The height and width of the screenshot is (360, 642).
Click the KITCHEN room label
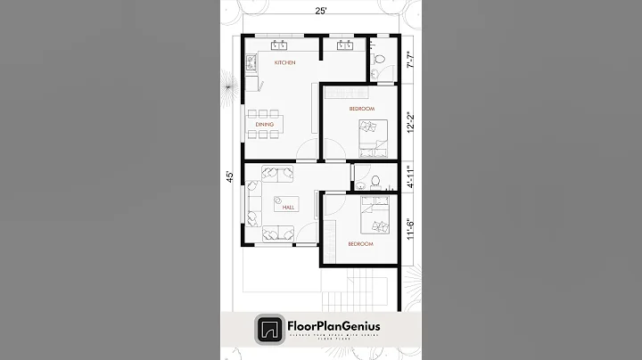click(x=284, y=63)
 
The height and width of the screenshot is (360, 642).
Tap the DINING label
click(x=264, y=101)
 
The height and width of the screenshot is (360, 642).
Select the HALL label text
click(x=288, y=208)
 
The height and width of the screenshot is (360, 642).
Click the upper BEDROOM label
click(x=336, y=109)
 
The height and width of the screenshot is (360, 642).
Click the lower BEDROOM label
click(x=360, y=243)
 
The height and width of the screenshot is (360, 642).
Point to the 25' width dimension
click(x=319, y=11)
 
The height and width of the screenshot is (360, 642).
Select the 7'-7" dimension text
click(x=410, y=61)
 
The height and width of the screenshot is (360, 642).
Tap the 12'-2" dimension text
click(x=410, y=120)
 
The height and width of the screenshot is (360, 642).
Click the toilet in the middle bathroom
click(x=377, y=181)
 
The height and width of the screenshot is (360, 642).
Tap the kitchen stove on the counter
click(x=252, y=63)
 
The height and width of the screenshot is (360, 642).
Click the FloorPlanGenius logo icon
click(x=267, y=329)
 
